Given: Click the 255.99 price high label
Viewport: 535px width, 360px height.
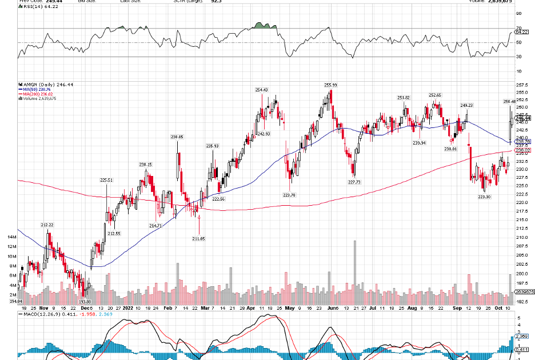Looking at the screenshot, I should [x=330, y=85].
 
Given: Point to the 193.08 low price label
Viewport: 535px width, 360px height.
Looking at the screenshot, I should [x=85, y=301].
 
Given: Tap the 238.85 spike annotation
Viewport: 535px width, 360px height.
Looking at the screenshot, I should [x=177, y=137].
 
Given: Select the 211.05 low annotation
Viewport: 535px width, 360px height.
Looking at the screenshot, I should [x=199, y=238].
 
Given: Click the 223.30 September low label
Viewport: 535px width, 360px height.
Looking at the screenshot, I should [x=484, y=197].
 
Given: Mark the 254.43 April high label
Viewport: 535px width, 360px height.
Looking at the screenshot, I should [x=262, y=90].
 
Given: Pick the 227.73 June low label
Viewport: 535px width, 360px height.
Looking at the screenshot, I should [x=354, y=182].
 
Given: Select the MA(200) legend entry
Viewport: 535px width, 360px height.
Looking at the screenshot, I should [x=35, y=94].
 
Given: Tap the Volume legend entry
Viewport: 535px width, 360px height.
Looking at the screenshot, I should [x=37, y=99].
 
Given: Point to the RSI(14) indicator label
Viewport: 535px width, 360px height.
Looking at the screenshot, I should [x=31, y=6].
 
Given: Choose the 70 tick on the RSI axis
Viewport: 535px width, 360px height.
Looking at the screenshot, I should [x=518, y=28].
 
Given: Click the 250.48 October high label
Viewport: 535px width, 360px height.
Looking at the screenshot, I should [x=510, y=102].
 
